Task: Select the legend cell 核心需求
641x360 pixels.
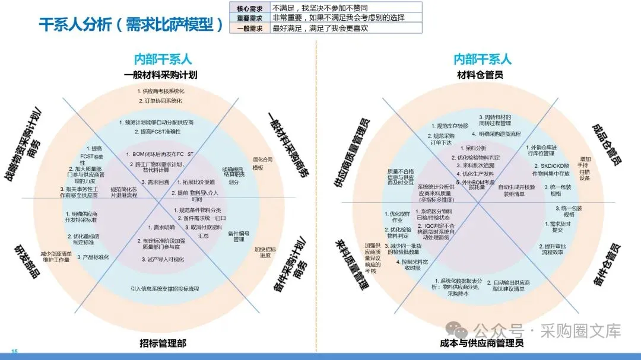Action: [249, 8]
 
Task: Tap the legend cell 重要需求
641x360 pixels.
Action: [249, 18]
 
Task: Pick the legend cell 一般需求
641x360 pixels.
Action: [249, 28]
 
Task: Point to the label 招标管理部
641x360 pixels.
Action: [163, 343]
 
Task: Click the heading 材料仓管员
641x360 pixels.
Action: [480, 75]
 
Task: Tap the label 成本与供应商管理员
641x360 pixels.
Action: [481, 343]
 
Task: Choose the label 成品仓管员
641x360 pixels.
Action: [607, 145]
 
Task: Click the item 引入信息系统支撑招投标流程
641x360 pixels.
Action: [165, 289]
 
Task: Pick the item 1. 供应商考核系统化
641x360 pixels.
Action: [161, 91]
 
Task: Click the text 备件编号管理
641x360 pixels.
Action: [238, 236]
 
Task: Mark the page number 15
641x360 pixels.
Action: [15, 352]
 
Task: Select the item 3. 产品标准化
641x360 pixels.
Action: [93, 258]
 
